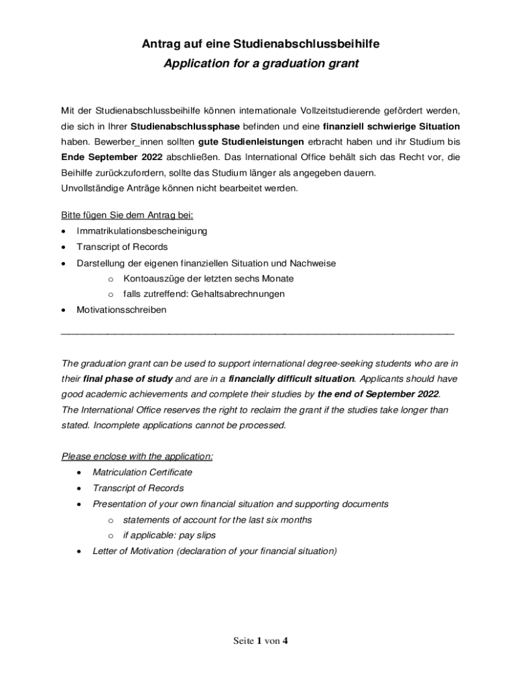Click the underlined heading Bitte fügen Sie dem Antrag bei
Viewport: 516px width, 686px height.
tap(127, 214)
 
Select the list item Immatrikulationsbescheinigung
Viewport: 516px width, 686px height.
tap(142, 230)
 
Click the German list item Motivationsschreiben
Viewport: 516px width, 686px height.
tap(121, 310)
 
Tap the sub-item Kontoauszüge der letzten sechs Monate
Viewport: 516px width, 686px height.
tap(208, 278)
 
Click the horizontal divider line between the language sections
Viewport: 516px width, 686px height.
tap(257, 332)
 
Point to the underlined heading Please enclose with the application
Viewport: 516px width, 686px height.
tap(137, 456)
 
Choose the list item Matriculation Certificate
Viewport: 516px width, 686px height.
tap(142, 472)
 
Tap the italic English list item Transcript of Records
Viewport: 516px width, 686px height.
tap(138, 488)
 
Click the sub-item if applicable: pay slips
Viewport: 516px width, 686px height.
tap(170, 535)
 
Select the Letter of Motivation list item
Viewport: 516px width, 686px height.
tap(214, 551)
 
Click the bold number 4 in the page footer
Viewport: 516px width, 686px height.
tap(285, 640)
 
